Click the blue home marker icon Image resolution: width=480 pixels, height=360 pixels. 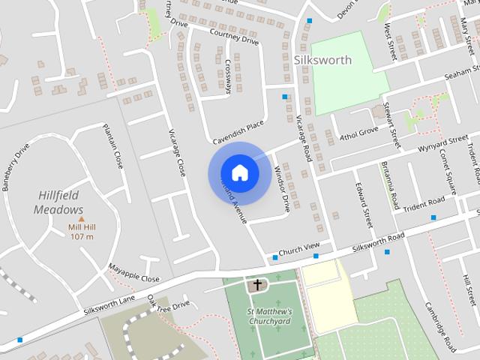pos(239,172)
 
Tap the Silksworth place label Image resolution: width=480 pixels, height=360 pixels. pos(322,60)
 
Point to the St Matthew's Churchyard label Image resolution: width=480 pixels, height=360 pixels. pos(269,316)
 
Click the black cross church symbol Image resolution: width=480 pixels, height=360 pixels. pos(258,285)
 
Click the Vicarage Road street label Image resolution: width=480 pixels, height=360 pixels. pos(304,139)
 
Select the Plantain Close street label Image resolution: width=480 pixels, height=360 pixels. pos(112,145)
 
